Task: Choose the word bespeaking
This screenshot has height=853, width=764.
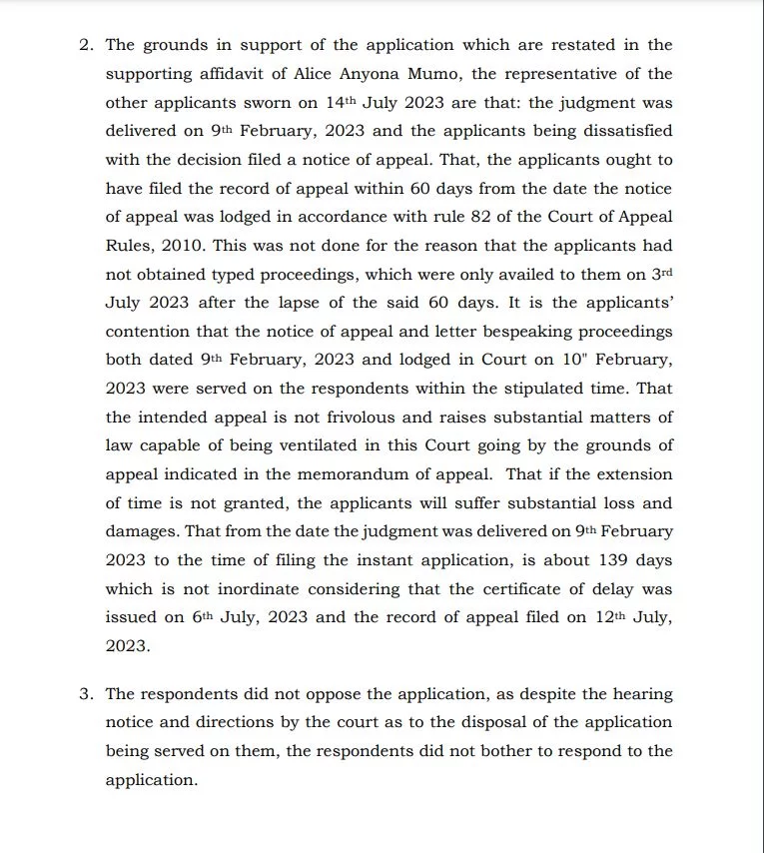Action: [x=537, y=332]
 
